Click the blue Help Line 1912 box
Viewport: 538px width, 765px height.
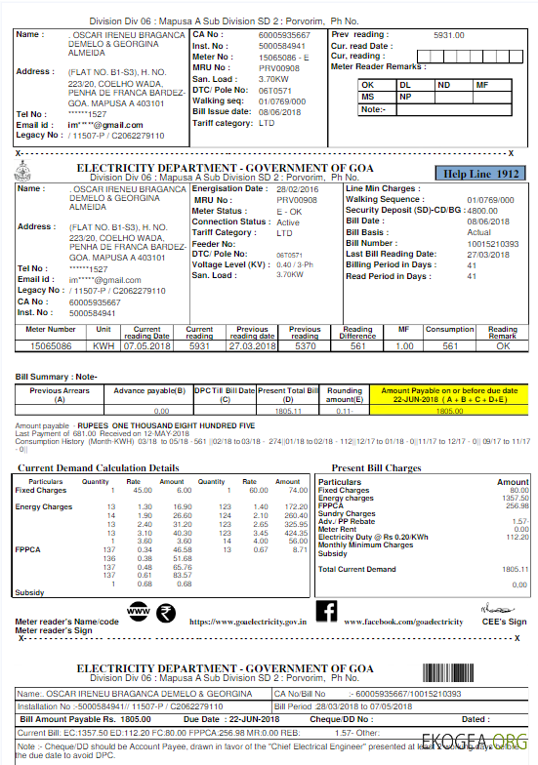click(480, 174)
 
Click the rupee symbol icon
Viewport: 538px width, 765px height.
click(165, 613)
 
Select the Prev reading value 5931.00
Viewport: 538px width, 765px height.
click(449, 35)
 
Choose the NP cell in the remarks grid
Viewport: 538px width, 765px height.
click(406, 98)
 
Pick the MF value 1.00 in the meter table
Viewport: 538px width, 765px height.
click(404, 345)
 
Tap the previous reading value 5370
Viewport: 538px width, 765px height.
click(306, 345)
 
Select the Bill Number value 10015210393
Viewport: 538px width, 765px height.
click(493, 242)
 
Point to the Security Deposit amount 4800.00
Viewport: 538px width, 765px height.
click(483, 210)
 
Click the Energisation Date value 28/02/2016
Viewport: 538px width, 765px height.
click(297, 188)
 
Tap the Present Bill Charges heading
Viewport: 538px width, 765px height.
click(380, 468)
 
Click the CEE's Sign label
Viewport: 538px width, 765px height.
click(503, 622)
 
